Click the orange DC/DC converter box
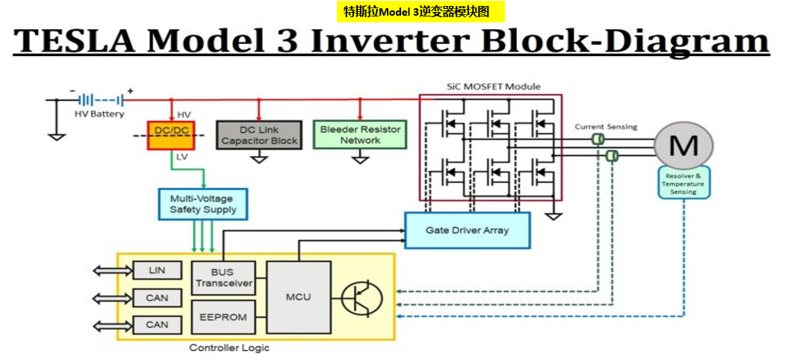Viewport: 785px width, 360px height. click(x=170, y=135)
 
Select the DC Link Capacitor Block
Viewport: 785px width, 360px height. click(x=258, y=135)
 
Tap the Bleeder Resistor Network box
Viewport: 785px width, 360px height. click(x=360, y=134)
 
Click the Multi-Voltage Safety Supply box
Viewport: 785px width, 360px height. click(x=202, y=204)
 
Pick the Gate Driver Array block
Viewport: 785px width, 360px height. click(x=467, y=230)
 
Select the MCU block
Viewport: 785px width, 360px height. click(x=298, y=297)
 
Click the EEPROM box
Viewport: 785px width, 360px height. click(x=223, y=317)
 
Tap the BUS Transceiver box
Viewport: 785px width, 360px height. click(x=223, y=279)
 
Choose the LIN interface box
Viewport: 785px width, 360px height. click(x=157, y=270)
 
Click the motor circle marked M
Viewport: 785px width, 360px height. click(x=683, y=146)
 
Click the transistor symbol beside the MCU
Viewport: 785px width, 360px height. click(x=362, y=297)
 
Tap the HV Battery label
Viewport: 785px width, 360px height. click(x=99, y=114)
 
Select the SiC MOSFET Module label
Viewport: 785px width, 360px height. click(x=493, y=87)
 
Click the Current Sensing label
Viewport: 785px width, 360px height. click(x=605, y=127)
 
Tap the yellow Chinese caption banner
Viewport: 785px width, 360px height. click(x=421, y=11)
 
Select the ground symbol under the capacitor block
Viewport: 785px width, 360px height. click(x=258, y=158)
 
